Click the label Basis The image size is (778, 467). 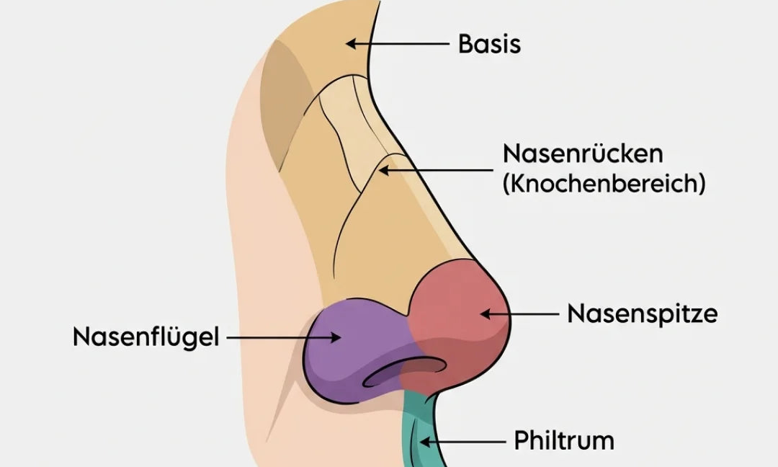point(489,44)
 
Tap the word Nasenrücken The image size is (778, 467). point(583,154)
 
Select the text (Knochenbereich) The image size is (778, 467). point(603,183)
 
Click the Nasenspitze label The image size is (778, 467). point(642,314)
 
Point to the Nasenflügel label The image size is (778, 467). point(146,337)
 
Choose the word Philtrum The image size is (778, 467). point(563,440)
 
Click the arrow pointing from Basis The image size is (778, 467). point(396,44)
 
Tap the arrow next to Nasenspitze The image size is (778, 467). point(519,314)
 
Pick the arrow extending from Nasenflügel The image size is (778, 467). point(281,337)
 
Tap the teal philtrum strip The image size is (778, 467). point(414,425)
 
